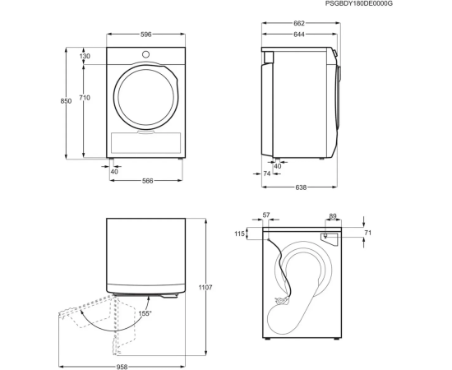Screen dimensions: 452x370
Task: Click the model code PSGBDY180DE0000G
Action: click(359, 3)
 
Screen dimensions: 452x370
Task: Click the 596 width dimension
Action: click(145, 35)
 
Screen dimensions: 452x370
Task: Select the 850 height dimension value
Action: click(66, 101)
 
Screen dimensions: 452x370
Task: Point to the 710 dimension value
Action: click(85, 98)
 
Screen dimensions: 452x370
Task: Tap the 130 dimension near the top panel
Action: click(85, 56)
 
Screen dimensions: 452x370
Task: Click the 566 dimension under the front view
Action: click(148, 181)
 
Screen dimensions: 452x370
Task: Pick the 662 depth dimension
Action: click(299, 23)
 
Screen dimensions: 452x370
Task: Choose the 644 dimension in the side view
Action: click(299, 35)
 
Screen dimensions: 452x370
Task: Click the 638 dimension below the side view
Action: click(301, 187)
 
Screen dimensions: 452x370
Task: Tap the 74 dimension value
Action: click(267, 173)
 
